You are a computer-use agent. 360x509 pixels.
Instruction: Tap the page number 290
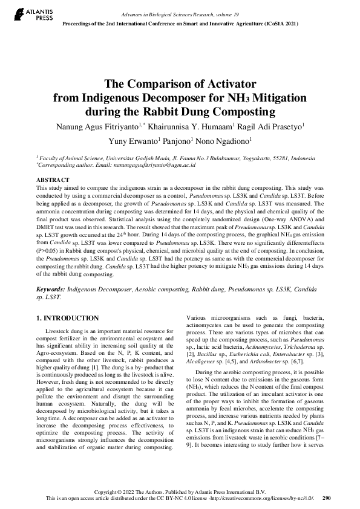[327, 499]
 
